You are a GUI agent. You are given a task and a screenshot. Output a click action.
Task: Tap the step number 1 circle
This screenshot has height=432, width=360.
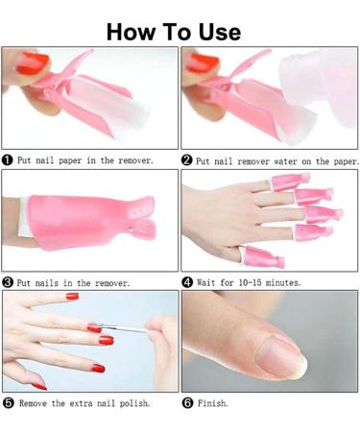(9, 160)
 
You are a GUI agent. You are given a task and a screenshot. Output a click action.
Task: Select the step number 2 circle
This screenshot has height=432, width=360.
(188, 160)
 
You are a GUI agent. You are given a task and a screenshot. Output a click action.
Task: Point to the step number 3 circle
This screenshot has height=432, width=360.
(9, 283)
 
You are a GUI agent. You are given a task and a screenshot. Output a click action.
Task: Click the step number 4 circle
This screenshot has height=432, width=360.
(188, 283)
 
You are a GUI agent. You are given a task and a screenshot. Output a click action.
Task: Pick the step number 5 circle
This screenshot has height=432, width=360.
(9, 403)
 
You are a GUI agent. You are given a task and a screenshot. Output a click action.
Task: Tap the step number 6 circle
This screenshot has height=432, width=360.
(188, 403)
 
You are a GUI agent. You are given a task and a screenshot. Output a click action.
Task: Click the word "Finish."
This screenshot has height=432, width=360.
(213, 403)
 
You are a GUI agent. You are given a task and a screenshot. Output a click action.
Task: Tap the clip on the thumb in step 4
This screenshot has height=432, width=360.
(257, 254)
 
